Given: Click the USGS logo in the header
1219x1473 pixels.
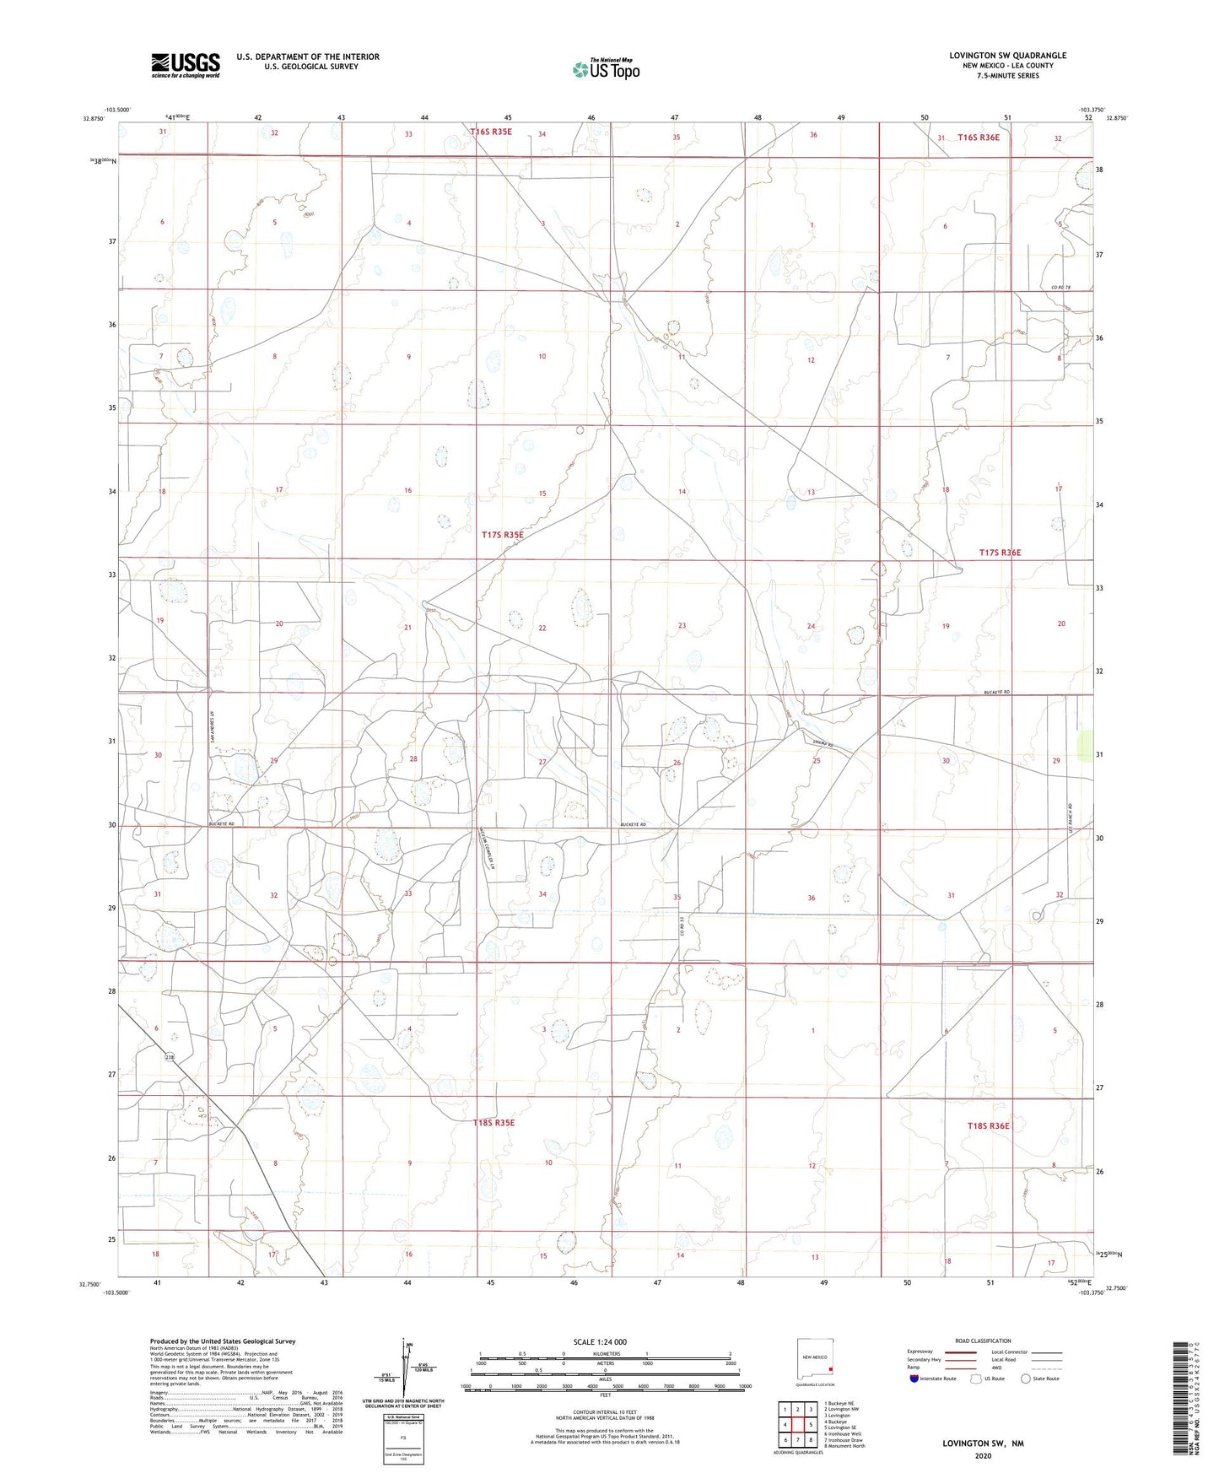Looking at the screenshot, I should click(x=186, y=65).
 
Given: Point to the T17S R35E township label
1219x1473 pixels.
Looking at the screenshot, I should click(x=503, y=535).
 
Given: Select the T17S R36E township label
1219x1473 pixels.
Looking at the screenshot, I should click(x=1000, y=553).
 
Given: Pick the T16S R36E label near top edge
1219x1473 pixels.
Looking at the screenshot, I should click(x=979, y=138).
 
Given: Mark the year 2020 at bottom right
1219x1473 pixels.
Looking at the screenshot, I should click(x=982, y=1455).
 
